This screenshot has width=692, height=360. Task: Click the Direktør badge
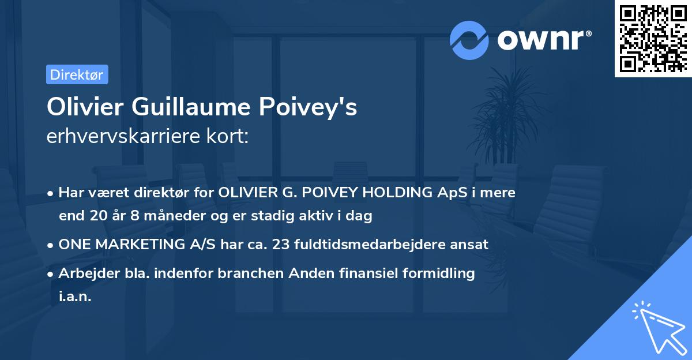77,74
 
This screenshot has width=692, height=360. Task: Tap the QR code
653,39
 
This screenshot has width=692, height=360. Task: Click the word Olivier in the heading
85,108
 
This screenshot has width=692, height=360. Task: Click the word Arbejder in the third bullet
84,273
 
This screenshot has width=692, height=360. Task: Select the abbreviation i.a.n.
75,297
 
